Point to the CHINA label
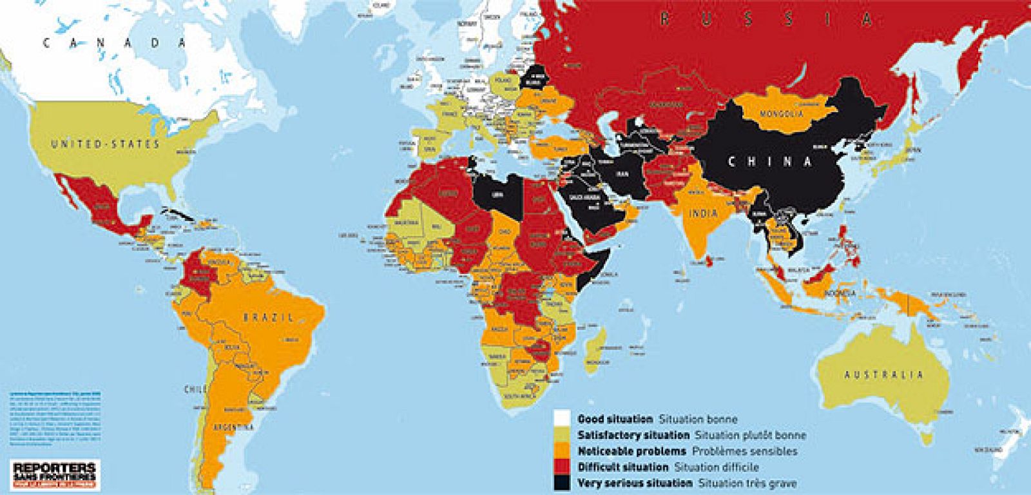769,162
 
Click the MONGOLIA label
782,114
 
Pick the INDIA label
702,213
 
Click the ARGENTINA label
235,427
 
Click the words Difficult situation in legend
613,467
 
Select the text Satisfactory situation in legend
624,435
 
